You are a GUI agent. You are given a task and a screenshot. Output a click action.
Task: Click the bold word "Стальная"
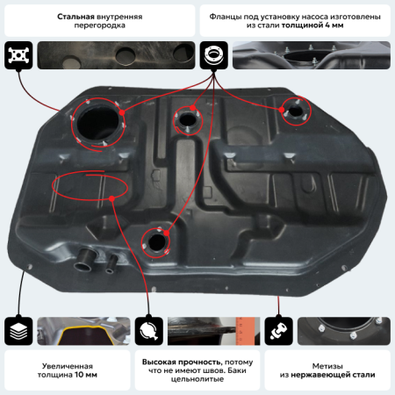pos(76,17)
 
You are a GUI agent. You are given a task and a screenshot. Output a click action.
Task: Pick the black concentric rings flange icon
pos(214,54)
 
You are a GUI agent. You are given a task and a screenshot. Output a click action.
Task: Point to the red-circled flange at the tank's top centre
pos(187,118)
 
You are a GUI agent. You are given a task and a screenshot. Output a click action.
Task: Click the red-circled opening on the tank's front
pos(157,241)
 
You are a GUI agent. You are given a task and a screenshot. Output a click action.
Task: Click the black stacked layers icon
pos(18,331)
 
